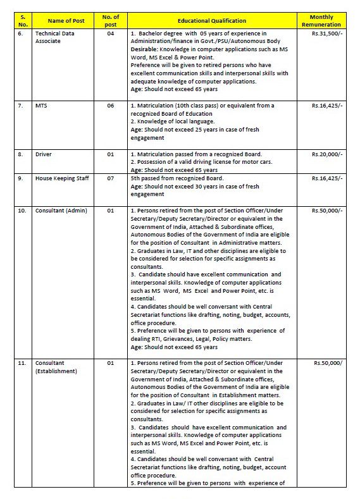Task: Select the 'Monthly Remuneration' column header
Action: [x=326, y=20]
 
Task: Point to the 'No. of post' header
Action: [x=110, y=20]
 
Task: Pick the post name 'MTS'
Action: [x=42, y=106]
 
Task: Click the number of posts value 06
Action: [x=110, y=106]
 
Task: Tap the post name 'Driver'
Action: [x=44, y=154]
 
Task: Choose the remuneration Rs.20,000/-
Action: [x=328, y=154]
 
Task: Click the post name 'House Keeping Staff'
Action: [x=62, y=178]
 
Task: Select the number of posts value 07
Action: [x=110, y=178]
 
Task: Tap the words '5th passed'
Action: [x=146, y=178]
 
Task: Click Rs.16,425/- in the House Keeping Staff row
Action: [x=328, y=178]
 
